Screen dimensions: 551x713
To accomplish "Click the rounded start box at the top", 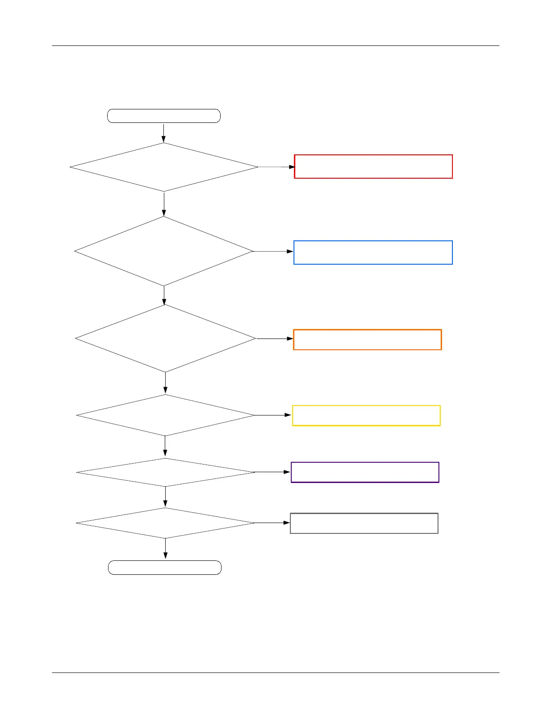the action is pyautogui.click(x=164, y=116).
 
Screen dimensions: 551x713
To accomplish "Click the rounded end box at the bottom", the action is pyautogui.click(x=165, y=568).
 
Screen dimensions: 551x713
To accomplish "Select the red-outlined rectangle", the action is pyautogui.click(x=373, y=167).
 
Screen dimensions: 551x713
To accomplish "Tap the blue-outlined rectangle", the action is pyautogui.click(x=373, y=253).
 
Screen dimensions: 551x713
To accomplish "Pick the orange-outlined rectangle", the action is pyautogui.click(x=367, y=339).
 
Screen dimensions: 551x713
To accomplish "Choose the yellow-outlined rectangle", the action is pyautogui.click(x=366, y=415).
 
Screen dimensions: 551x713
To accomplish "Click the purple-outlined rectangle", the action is pyautogui.click(x=365, y=472).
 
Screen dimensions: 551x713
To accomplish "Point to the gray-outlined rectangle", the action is pyautogui.click(x=364, y=523).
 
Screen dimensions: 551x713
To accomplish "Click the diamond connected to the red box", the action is pyautogui.click(x=164, y=167).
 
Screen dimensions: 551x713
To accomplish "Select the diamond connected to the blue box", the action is pyautogui.click(x=164, y=251).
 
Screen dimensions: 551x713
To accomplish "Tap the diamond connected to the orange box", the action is pyautogui.click(x=165, y=338).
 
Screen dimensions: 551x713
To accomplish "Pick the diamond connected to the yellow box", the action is pyautogui.click(x=165, y=415).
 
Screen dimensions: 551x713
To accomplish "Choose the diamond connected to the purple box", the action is pyautogui.click(x=165, y=472).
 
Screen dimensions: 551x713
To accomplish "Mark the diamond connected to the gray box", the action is pyautogui.click(x=165, y=523).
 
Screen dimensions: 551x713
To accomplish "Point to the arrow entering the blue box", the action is pyautogui.click(x=273, y=251).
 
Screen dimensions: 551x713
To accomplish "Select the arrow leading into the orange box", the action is pyautogui.click(x=275, y=338).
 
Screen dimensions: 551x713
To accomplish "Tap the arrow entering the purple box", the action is pyautogui.click(x=273, y=472).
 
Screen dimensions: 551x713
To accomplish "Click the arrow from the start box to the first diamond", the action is pyautogui.click(x=164, y=133).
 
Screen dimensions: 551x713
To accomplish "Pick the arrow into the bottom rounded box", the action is pyautogui.click(x=165, y=549).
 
